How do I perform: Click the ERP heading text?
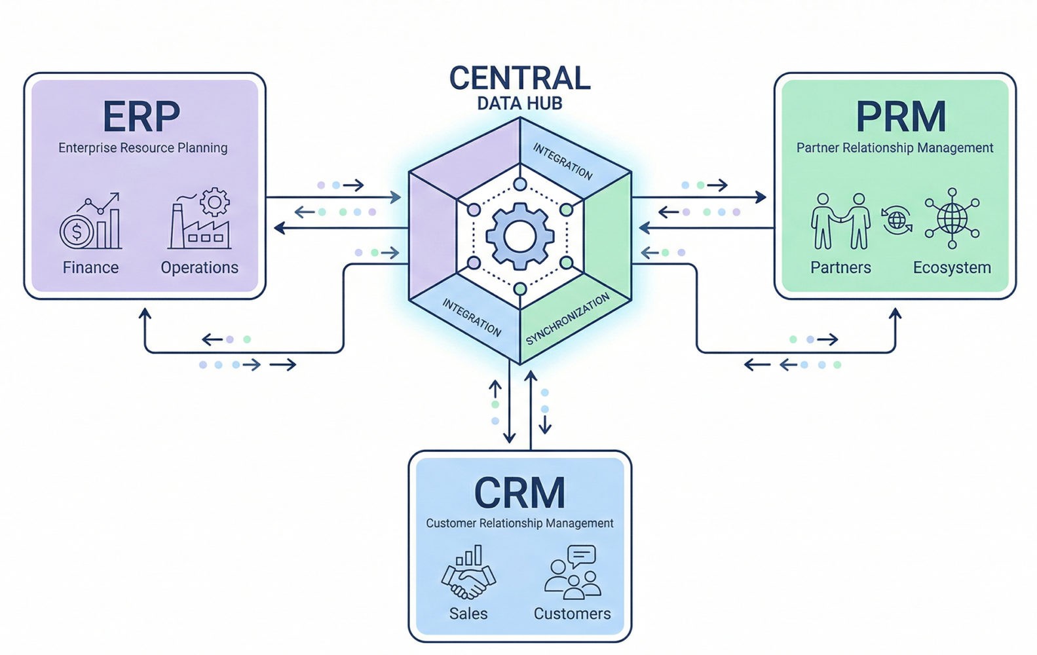tap(141, 117)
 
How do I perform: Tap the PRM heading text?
tap(901, 117)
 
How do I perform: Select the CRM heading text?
tap(519, 493)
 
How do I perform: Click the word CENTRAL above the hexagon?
tap(519, 79)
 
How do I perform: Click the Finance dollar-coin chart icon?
tap(90, 223)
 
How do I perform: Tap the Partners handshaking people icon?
tap(840, 221)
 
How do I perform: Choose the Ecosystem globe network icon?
tap(952, 219)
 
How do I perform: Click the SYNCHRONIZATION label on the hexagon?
tap(567, 319)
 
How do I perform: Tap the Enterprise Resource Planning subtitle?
tap(143, 148)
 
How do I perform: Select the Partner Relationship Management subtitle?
tap(895, 148)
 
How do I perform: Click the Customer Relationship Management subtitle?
tap(519, 523)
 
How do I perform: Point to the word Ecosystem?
tap(952, 268)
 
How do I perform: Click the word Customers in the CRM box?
tap(572, 614)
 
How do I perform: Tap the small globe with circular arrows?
tap(896, 220)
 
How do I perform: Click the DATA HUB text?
tap(519, 103)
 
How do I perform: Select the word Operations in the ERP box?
tap(200, 268)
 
